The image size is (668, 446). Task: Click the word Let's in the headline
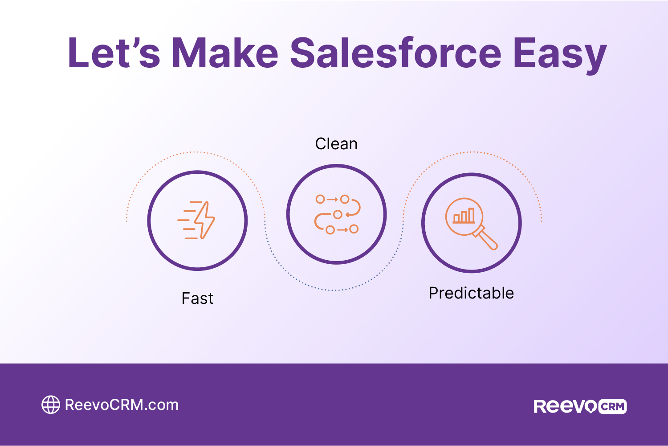click(x=114, y=53)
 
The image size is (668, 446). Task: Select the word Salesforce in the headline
click(x=395, y=53)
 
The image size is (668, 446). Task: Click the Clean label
click(x=336, y=144)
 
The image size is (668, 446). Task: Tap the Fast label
click(x=197, y=299)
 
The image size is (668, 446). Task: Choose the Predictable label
click(x=471, y=293)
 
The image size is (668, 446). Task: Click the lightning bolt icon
click(x=204, y=220)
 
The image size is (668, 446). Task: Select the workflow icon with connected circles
click(x=337, y=214)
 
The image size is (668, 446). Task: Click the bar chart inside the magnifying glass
click(x=464, y=216)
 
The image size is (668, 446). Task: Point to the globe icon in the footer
click(x=50, y=405)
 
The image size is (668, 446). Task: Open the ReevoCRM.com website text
click(x=122, y=405)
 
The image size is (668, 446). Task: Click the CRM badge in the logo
click(x=612, y=406)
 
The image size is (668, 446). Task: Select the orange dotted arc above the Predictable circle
click(x=472, y=152)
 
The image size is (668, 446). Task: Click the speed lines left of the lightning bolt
click(x=188, y=220)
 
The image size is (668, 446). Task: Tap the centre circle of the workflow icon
click(x=338, y=214)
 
